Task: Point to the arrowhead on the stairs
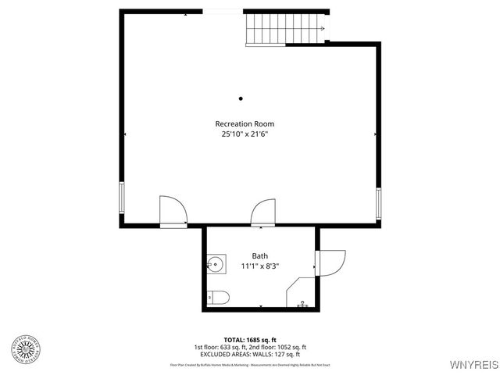[x=321, y=29]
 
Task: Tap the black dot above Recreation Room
[x=241, y=98]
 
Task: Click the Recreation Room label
[x=245, y=123]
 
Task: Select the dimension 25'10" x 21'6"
[x=245, y=134]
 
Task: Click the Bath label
[x=259, y=255]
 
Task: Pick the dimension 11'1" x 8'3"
[x=259, y=266]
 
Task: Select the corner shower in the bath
[x=302, y=296]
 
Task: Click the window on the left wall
[x=121, y=198]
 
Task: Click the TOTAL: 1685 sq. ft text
[x=250, y=339]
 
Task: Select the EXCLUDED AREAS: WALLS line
[x=250, y=355]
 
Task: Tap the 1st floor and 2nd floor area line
[x=250, y=347]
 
